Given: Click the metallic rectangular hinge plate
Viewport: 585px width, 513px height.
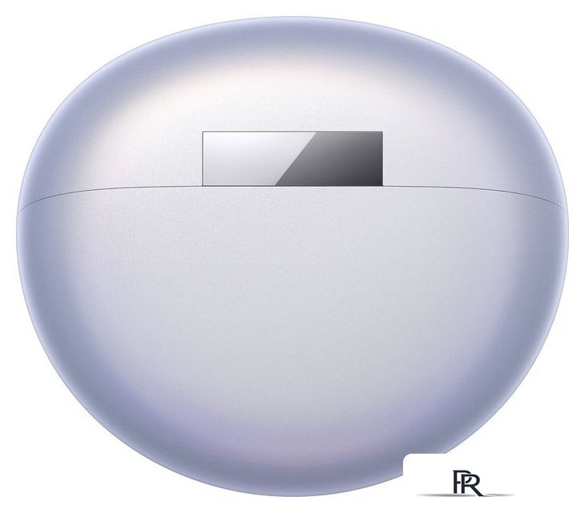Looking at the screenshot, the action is (x=292, y=159).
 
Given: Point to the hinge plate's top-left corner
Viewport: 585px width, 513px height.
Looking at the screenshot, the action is (x=202, y=131).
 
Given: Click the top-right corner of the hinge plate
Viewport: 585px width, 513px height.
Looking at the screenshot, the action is (x=383, y=131).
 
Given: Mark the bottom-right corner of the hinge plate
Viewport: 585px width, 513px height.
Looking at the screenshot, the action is (x=383, y=186).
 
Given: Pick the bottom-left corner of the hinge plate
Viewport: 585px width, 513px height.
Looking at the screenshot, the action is (x=202, y=186).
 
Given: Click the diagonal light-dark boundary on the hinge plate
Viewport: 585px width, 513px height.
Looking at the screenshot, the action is (x=297, y=159).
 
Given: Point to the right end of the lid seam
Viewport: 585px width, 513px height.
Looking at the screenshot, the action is (x=567, y=206).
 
